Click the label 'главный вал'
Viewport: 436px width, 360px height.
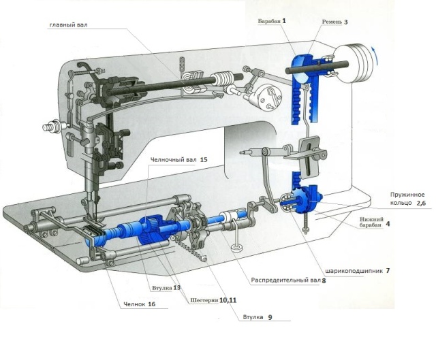(x=68, y=25)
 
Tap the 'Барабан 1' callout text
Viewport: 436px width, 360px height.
(x=272, y=21)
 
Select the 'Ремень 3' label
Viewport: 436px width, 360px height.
(x=334, y=22)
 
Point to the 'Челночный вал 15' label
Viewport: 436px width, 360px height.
(x=178, y=160)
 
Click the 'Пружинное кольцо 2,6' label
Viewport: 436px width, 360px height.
(x=408, y=199)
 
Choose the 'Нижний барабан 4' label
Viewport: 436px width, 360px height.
(x=375, y=223)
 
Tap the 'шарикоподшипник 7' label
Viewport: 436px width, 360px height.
(x=358, y=271)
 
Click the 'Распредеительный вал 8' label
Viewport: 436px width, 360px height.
(x=288, y=280)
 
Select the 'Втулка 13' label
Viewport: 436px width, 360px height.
(x=166, y=288)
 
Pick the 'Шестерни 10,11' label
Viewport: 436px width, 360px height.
(x=213, y=300)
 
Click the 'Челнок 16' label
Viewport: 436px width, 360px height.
(x=139, y=304)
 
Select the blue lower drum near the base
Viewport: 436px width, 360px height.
(x=305, y=199)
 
